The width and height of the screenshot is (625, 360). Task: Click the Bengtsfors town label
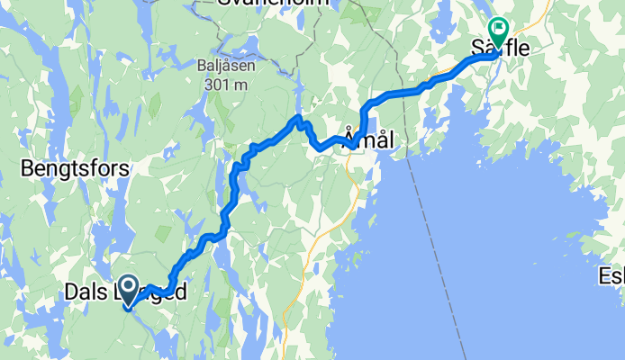click(x=75, y=168)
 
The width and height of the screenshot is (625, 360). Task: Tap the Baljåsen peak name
click(x=221, y=67)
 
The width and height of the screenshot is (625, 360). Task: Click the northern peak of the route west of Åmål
click(x=299, y=118)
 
